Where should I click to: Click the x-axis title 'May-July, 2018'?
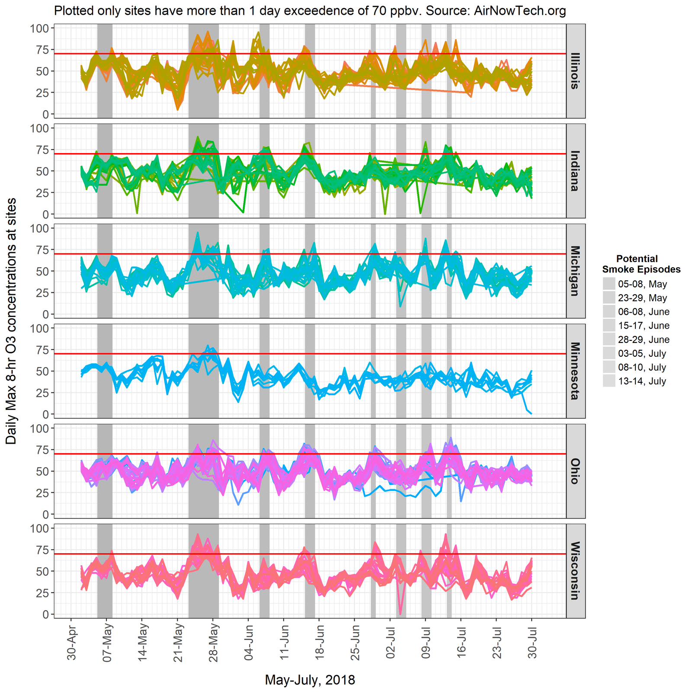[310, 680]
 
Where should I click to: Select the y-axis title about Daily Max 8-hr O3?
[12, 321]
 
